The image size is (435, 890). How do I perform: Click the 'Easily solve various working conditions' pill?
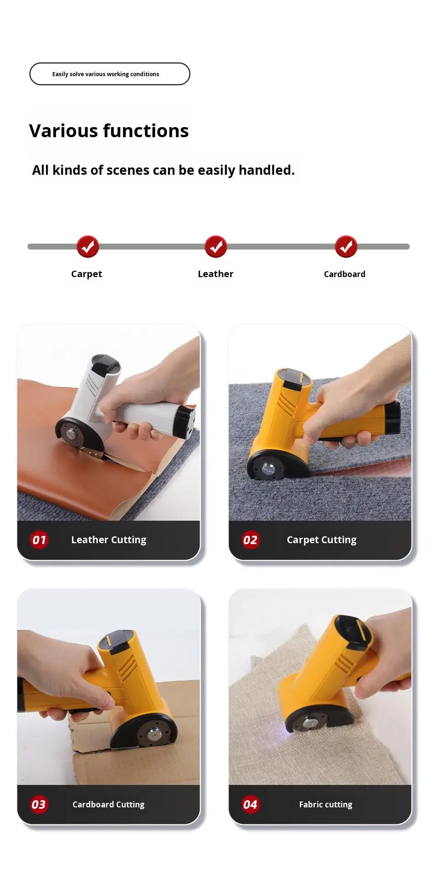click(x=110, y=74)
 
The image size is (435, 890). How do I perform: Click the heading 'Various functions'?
click(x=109, y=131)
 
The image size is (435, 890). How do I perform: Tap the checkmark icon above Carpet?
click(x=88, y=247)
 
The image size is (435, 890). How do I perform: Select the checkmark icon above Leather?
click(x=216, y=247)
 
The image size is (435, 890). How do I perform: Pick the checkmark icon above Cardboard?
click(x=346, y=247)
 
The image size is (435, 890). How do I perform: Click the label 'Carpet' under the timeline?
click(x=86, y=274)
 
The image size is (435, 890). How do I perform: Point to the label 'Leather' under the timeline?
click(x=216, y=274)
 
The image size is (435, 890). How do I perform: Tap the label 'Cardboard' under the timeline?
click(x=345, y=274)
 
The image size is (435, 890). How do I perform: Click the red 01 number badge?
click(x=39, y=540)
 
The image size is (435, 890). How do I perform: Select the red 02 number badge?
click(x=250, y=540)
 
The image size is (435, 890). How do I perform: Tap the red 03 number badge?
click(x=39, y=804)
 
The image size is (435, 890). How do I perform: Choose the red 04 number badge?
click(x=250, y=804)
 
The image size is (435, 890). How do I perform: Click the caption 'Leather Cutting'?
click(x=109, y=540)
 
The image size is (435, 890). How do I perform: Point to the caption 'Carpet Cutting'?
click(x=322, y=540)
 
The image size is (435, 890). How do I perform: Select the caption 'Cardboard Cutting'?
click(x=108, y=804)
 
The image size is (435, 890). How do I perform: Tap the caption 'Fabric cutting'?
click(x=326, y=804)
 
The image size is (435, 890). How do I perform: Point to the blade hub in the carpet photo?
click(x=267, y=469)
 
